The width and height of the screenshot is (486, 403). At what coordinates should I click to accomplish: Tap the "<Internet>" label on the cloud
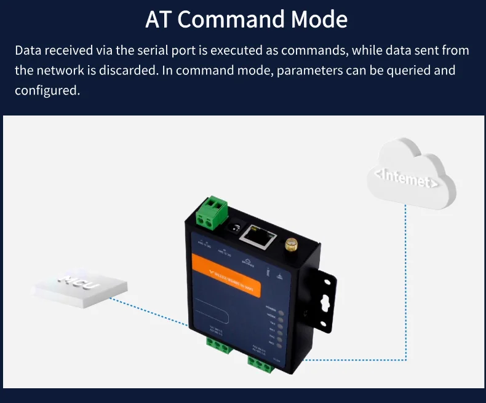[x=407, y=178]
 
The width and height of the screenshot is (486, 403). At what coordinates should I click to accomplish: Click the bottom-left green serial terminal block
[x=215, y=346]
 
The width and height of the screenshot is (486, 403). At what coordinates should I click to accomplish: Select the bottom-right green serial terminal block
[x=261, y=364]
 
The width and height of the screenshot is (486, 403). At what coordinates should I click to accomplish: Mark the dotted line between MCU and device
[x=151, y=311]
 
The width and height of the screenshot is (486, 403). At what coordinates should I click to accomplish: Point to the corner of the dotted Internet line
[x=406, y=360]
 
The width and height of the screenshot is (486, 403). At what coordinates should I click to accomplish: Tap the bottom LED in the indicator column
[x=281, y=345]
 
